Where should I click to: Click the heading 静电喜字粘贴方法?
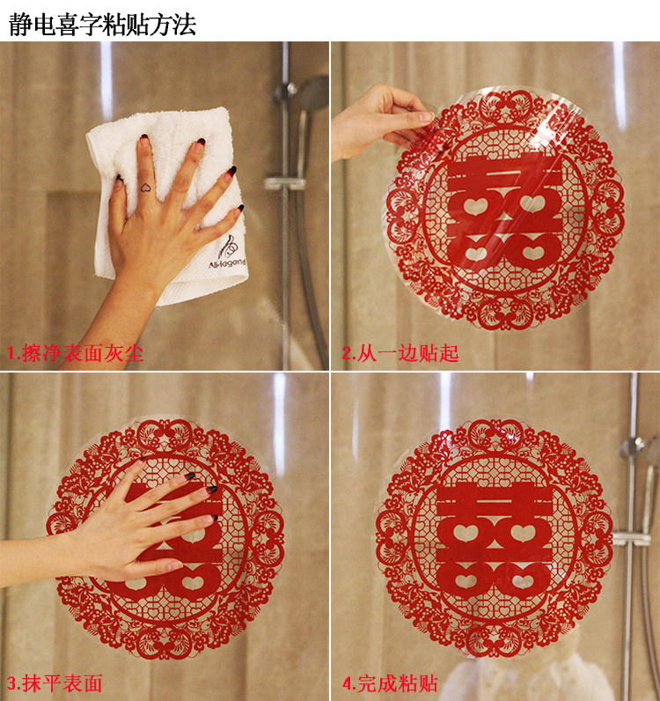[102, 24]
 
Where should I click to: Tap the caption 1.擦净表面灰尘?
[75, 353]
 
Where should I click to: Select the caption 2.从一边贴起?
[400, 353]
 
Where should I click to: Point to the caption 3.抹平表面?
[55, 683]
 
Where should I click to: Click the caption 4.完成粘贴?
[390, 683]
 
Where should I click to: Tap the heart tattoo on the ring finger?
[146, 188]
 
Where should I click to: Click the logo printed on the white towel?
[227, 253]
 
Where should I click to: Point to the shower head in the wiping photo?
[313, 94]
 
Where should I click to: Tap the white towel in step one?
[168, 203]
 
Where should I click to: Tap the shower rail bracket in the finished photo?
[632, 539]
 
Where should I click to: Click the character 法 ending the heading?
[185, 24]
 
